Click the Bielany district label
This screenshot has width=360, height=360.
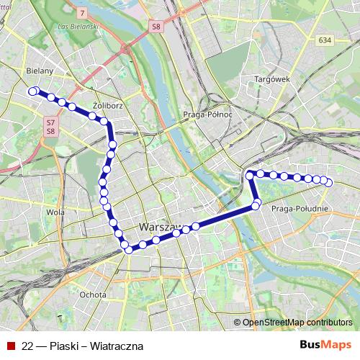(x=39, y=71)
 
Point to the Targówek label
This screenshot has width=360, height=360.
(x=271, y=78)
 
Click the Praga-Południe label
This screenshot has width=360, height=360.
(x=301, y=208)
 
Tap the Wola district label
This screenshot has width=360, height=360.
(x=55, y=212)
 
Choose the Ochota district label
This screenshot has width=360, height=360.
(x=94, y=294)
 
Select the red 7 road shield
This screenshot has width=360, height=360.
(x=83, y=14)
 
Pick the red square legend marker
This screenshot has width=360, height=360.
(x=10, y=346)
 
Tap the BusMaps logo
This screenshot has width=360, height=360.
(x=325, y=345)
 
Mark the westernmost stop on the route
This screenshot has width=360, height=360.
(x=32, y=91)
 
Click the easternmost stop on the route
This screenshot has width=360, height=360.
(x=328, y=183)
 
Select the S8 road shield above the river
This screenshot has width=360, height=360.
(x=156, y=27)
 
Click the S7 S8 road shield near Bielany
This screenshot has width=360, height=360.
(x=50, y=127)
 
